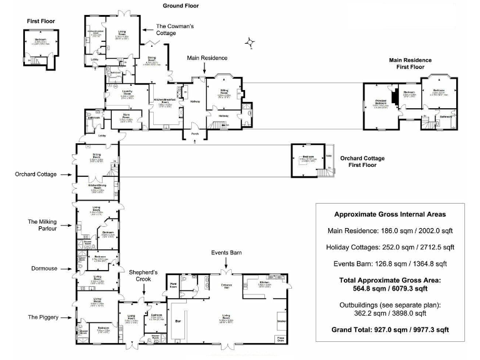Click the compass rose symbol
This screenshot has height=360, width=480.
(x=251, y=42)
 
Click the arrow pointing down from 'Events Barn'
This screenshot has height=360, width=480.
(x=226, y=264)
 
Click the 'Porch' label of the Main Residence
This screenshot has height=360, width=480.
(x=194, y=133)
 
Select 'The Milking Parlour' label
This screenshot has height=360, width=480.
(x=42, y=225)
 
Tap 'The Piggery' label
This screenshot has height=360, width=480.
(x=43, y=317)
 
